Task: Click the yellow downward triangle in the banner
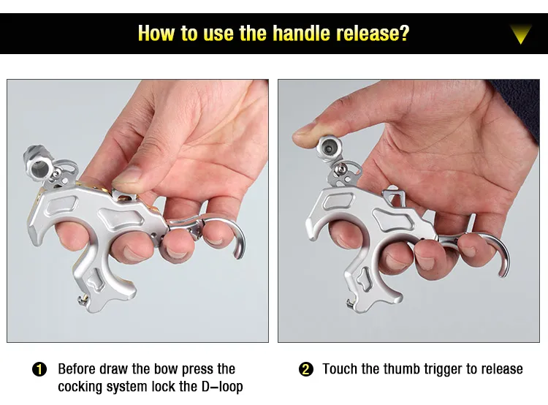520,34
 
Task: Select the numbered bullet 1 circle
39,370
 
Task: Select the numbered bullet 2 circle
306,369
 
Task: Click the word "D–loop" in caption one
222,387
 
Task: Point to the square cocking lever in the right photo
395,197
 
